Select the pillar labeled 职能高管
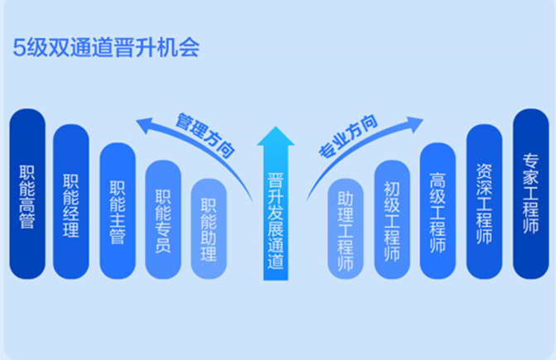pyautogui.click(x=27, y=194)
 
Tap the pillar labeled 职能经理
pyautogui.click(x=71, y=202)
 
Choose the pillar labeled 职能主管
pyautogui.click(x=117, y=210)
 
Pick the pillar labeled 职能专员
pyautogui.click(x=163, y=219)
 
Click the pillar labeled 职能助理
pyautogui.click(x=208, y=228)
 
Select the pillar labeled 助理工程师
pyautogui.click(x=346, y=228)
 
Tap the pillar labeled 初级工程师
pyautogui.click(x=392, y=219)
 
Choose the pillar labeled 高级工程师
pyautogui.click(x=438, y=210)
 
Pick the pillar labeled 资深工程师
pyautogui.click(x=485, y=202)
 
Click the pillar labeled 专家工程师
pyautogui.click(x=530, y=194)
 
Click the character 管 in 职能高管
pyautogui.click(x=27, y=221)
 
